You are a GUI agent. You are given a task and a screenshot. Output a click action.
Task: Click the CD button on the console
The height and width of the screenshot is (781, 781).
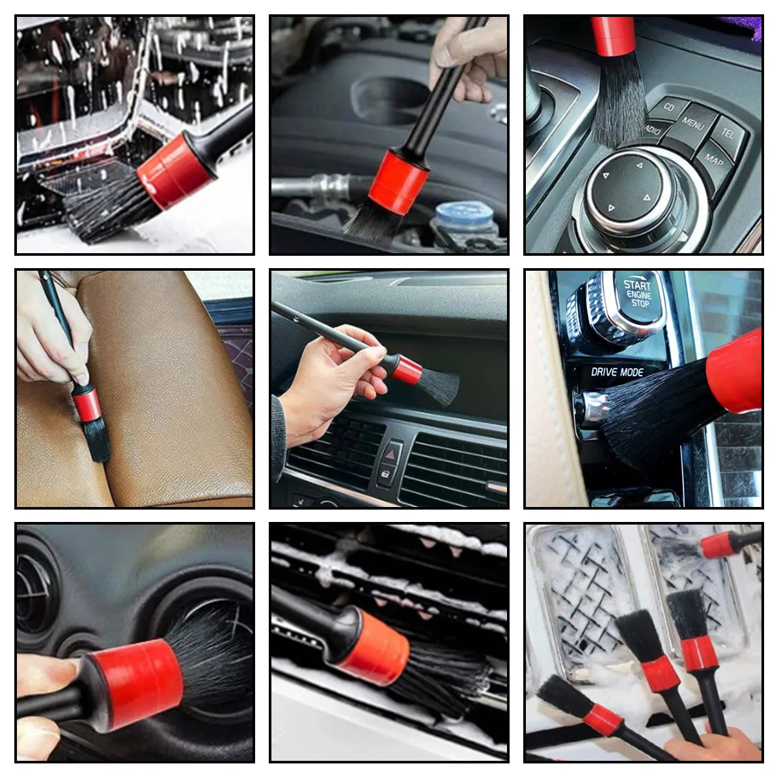[x=669, y=107]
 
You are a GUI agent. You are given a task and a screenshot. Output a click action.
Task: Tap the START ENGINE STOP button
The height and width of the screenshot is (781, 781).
[x=637, y=294]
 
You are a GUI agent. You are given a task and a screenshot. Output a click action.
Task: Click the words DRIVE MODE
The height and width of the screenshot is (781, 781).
[x=617, y=372]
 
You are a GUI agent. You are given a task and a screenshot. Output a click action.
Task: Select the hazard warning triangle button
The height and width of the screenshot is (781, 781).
[x=391, y=452]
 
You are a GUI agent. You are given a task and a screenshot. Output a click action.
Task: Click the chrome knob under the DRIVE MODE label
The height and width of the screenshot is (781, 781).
[x=596, y=407]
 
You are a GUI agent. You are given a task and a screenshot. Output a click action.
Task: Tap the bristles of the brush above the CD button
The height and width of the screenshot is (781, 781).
[x=618, y=98]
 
